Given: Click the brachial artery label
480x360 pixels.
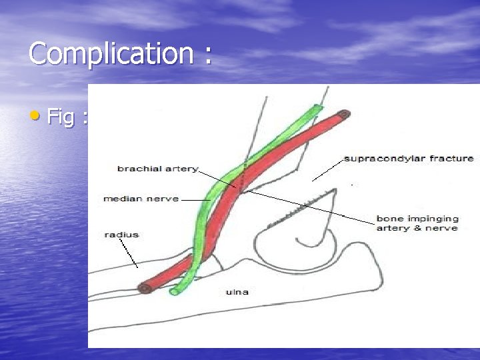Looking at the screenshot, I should click(x=157, y=169).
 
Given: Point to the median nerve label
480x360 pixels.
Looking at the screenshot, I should click(x=141, y=199).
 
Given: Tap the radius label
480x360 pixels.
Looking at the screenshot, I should click(x=121, y=235).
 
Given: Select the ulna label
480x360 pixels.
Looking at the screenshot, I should click(x=237, y=291).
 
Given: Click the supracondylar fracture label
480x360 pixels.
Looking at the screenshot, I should click(x=408, y=159).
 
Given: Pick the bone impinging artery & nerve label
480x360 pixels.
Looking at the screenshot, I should click(x=417, y=223).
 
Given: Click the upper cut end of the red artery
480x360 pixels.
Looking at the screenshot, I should click(x=344, y=115).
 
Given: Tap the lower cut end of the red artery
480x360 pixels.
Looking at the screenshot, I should click(x=143, y=288).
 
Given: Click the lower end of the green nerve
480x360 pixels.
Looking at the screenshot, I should click(x=175, y=291).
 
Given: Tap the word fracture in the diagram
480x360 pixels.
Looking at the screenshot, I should click(x=451, y=159).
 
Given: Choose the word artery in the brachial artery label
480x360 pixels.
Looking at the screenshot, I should click(x=183, y=169).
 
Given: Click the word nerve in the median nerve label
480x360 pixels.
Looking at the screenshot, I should click(x=163, y=199).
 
